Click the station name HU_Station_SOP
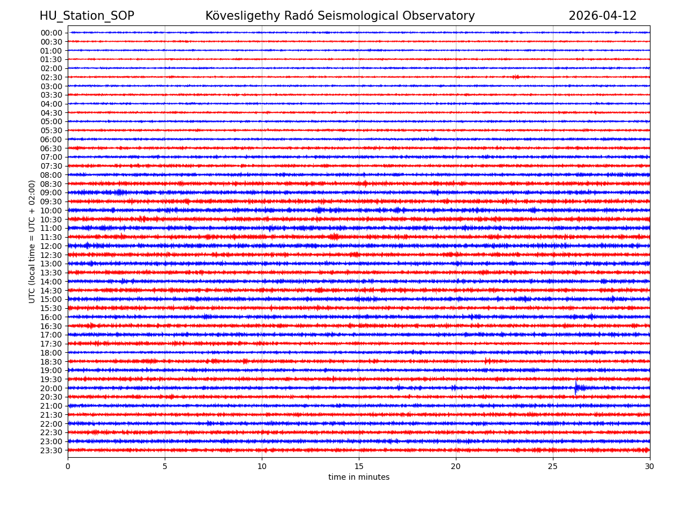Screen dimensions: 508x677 tap(87, 16)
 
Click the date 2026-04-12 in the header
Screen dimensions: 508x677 tap(603, 16)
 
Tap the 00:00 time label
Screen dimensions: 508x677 tap(51, 33)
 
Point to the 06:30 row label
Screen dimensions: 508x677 tap(51, 148)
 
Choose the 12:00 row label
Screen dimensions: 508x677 tap(51, 246)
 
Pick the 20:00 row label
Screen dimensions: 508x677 tap(51, 388)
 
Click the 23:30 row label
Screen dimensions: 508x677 tap(51, 450)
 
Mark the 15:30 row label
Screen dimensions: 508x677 tap(51, 308)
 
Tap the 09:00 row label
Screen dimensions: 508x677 tap(51, 192)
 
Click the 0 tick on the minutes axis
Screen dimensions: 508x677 tap(68, 467)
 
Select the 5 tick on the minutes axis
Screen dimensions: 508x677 tap(165, 467)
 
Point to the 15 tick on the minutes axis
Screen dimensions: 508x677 tap(359, 467)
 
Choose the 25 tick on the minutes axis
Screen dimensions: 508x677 tap(553, 467)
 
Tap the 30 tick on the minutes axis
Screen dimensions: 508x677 tap(650, 467)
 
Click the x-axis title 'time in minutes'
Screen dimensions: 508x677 tap(359, 478)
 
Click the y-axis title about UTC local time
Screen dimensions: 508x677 tap(33, 242)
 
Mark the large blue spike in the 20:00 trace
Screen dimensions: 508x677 tap(576, 387)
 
